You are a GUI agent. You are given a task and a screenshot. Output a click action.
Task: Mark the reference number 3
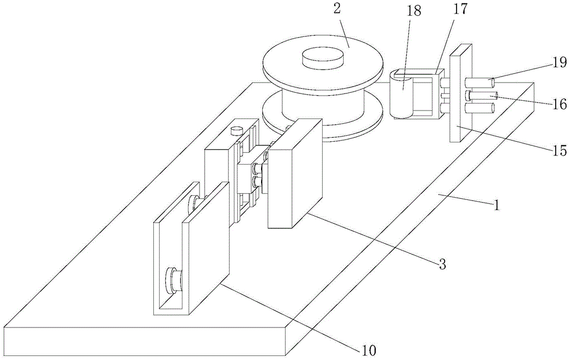(442, 263)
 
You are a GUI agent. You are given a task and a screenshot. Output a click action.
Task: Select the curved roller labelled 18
(402, 94)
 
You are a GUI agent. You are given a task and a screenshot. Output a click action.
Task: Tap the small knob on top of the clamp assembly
(237, 130)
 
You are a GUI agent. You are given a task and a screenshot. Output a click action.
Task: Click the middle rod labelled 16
(484, 95)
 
